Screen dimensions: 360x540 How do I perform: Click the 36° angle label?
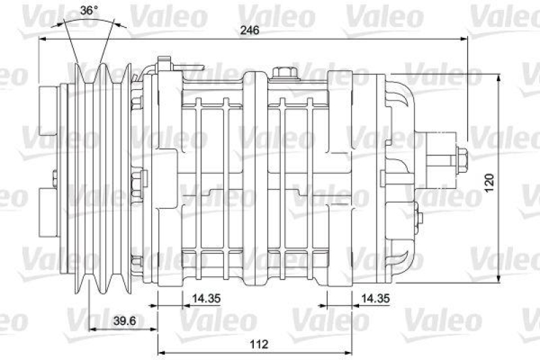tap(89, 10)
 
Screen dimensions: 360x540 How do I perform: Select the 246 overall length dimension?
tap(250, 30)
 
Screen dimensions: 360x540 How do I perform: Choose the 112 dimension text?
tap(259, 344)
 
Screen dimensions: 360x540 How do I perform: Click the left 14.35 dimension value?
tap(207, 297)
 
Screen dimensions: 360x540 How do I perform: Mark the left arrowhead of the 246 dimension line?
tap(43, 38)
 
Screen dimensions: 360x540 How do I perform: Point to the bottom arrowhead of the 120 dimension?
tap(499, 280)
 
